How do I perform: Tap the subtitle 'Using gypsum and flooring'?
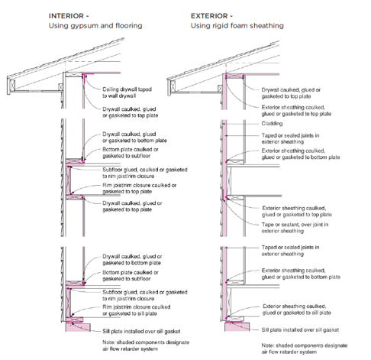coord(95,26)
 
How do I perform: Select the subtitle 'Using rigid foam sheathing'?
coord(237,26)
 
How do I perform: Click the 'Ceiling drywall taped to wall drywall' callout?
coord(127,92)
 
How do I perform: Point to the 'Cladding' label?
coord(272,124)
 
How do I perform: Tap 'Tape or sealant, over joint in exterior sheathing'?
coord(295,228)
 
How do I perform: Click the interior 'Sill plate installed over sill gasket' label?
coord(141,331)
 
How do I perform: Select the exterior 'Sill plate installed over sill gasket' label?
coord(300,329)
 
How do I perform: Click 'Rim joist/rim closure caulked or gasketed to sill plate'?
coord(137,310)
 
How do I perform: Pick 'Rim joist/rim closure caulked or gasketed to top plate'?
coord(140,188)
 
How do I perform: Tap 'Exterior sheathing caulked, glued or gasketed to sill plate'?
coord(297,310)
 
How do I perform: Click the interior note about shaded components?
coord(146,345)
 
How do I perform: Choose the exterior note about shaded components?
coord(305,349)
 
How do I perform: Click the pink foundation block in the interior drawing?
coord(78,327)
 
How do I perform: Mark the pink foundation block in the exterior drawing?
coord(237,327)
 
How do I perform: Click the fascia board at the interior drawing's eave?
coord(11,86)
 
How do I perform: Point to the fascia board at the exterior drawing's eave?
coord(173,87)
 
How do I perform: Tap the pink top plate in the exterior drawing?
coord(234,76)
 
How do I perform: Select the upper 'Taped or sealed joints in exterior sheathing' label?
coord(290,138)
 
